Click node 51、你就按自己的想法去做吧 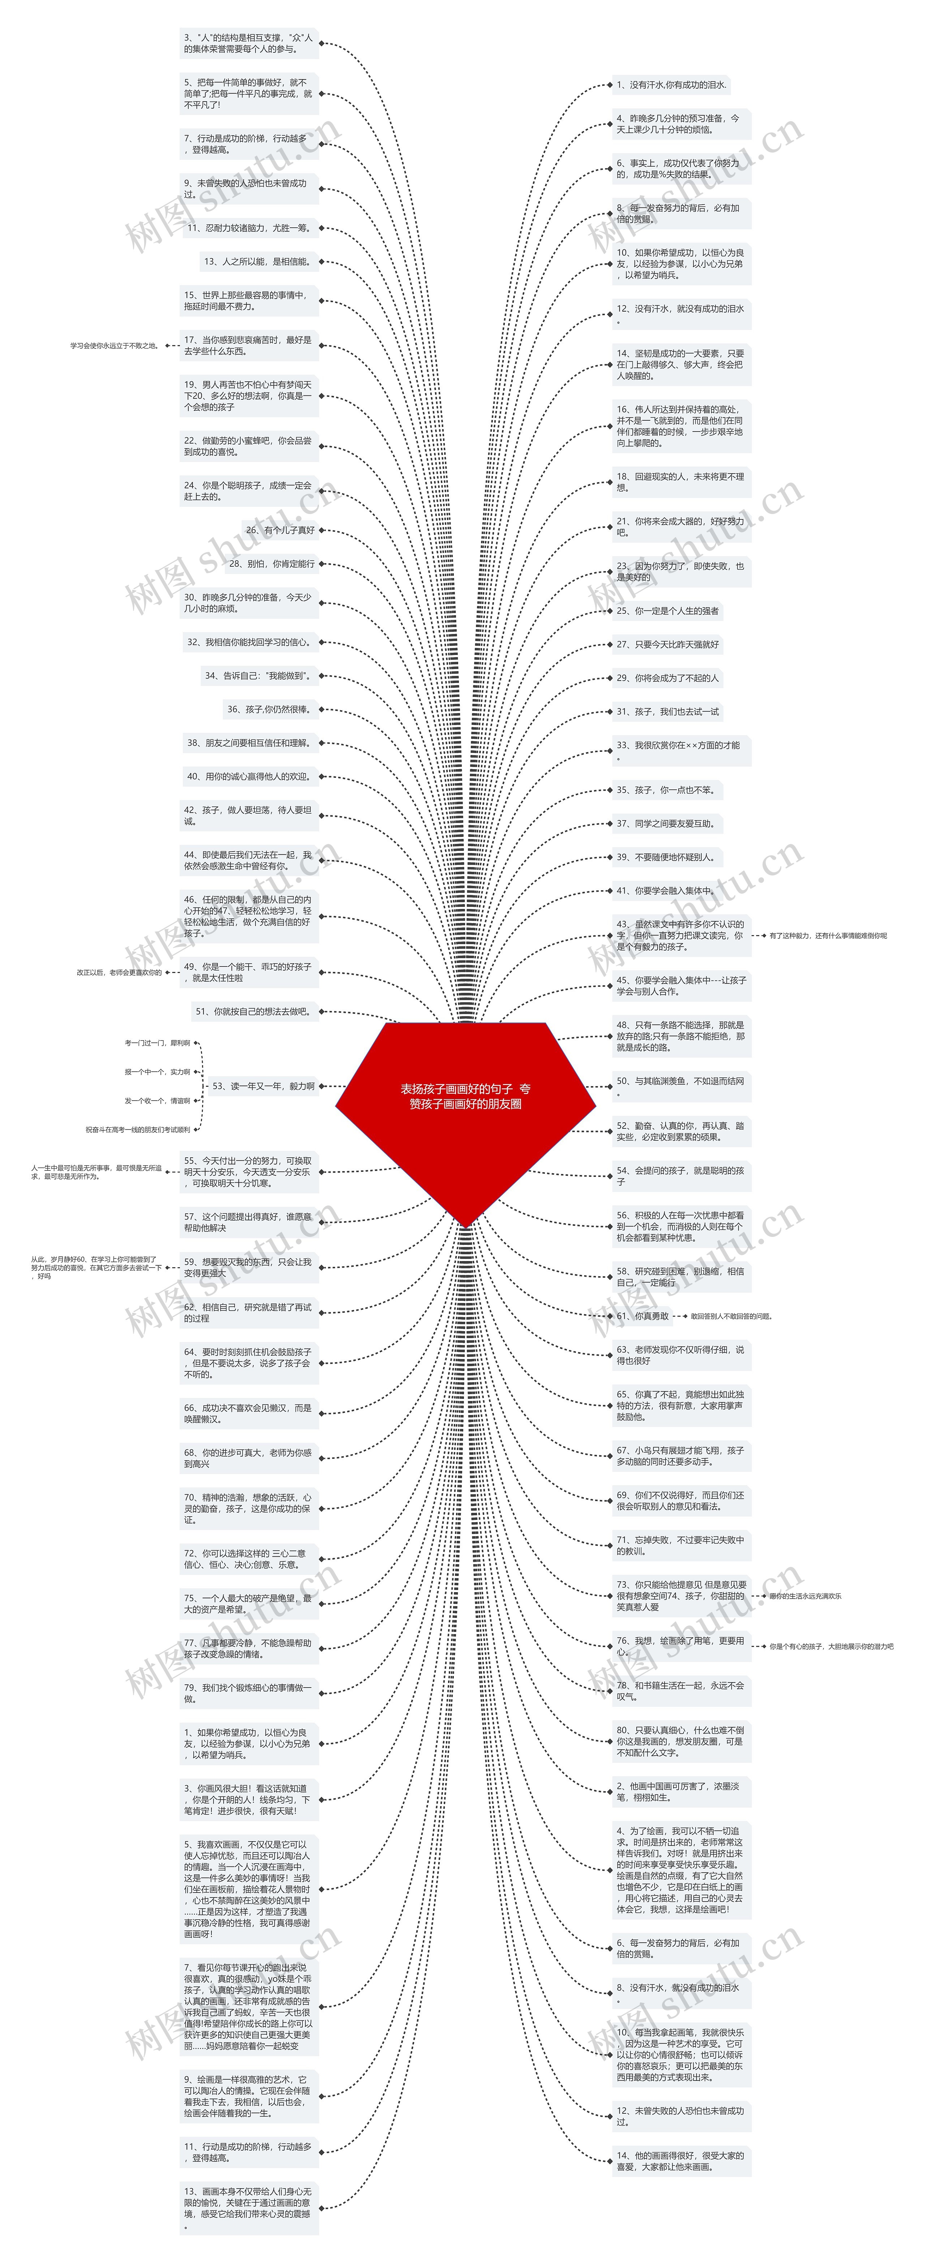253,1011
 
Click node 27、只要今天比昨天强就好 668,644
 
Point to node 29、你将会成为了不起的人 668,677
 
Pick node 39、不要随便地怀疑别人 665,857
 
